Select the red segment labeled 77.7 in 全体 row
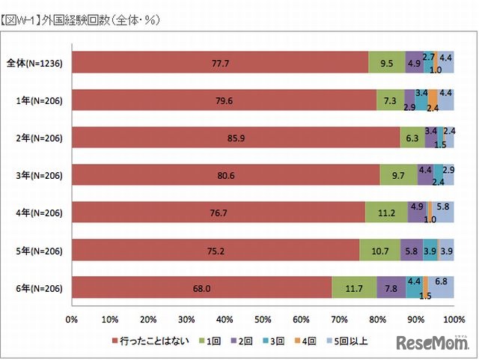click(x=221, y=64)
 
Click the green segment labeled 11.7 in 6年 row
click(x=354, y=288)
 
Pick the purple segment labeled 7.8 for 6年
click(x=391, y=288)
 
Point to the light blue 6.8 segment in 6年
click(x=441, y=288)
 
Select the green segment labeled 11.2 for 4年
click(x=386, y=213)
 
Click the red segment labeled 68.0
click(x=202, y=288)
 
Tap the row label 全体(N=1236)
click(x=37, y=64)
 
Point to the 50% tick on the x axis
click(x=263, y=320)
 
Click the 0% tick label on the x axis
click(x=72, y=320)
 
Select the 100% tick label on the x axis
click(x=454, y=320)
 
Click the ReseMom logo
click(x=434, y=344)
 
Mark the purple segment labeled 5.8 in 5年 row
click(x=412, y=251)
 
